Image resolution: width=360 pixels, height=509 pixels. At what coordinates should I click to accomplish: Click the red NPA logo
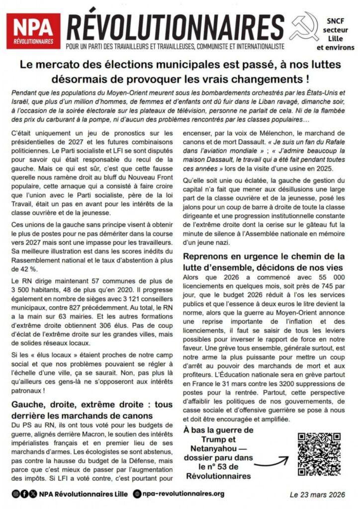33,31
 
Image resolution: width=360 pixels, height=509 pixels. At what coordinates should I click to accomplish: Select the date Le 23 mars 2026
318,494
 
